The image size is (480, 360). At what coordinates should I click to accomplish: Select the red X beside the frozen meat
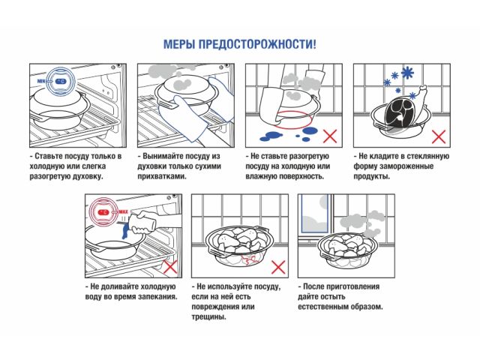(x=439, y=136)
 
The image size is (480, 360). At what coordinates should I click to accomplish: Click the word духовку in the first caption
(x=100, y=177)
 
